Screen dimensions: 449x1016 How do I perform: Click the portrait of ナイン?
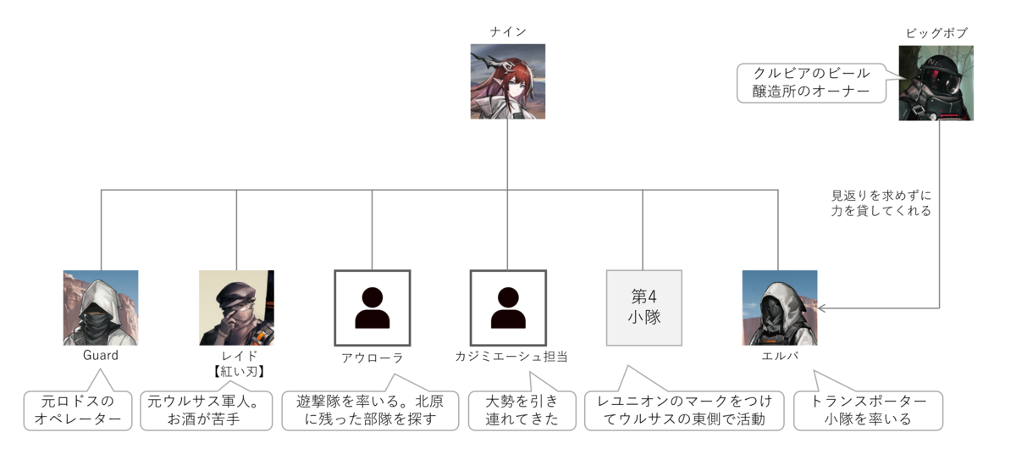point(508,81)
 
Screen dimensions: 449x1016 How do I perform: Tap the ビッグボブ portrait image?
point(936,82)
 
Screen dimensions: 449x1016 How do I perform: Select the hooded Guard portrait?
point(101,308)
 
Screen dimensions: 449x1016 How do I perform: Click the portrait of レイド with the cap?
point(236,308)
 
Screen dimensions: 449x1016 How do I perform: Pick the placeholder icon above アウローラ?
point(373,308)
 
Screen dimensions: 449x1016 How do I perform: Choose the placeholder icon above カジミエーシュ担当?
point(508,308)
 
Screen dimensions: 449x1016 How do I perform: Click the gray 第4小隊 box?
point(643,308)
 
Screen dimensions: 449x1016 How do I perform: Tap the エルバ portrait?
point(779,308)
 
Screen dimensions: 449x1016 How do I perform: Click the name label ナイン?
point(508,32)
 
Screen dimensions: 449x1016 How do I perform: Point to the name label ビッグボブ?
point(936,33)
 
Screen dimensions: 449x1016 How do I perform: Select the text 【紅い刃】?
point(236,372)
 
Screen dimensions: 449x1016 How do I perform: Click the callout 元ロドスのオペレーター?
point(77,410)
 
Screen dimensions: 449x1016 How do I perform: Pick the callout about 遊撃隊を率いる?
point(370,410)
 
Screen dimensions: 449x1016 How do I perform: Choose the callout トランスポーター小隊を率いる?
point(868,410)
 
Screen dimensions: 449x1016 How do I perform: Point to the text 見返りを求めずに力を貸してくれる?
point(881,203)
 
